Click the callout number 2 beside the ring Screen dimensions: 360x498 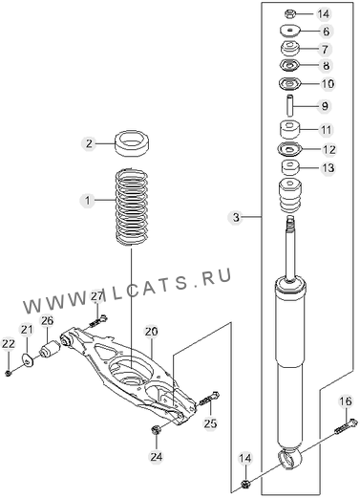(x=89, y=143)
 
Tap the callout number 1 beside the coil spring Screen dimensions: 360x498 (x=88, y=201)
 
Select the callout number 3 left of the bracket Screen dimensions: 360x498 (x=236, y=218)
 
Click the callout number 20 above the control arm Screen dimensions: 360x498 (x=151, y=332)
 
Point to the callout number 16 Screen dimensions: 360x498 (x=346, y=401)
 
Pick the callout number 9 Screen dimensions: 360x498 (x=325, y=106)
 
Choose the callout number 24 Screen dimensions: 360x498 (x=157, y=457)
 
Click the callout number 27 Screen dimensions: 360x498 (x=97, y=296)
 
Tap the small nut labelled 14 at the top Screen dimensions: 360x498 (x=289, y=14)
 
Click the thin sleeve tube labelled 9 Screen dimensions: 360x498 (x=290, y=105)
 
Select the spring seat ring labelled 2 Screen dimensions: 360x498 (x=133, y=143)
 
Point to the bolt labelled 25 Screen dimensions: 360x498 (x=209, y=399)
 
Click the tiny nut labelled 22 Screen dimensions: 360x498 (x=9, y=373)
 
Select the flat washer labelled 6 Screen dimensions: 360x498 (x=289, y=31)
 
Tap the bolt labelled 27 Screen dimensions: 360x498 (x=98, y=321)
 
